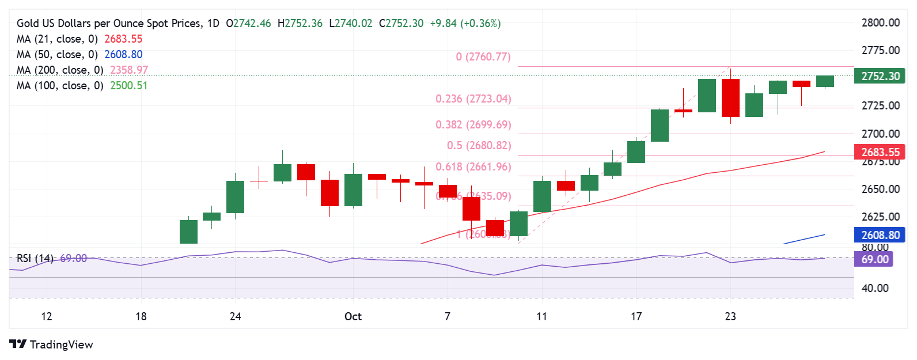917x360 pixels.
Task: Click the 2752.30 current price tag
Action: click(x=880, y=76)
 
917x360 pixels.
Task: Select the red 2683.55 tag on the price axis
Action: click(x=880, y=152)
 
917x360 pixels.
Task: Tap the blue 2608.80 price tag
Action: click(x=880, y=235)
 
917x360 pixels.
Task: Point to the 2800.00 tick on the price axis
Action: click(x=880, y=23)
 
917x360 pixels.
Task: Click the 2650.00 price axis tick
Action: click(x=880, y=189)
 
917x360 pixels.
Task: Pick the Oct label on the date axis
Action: click(x=353, y=316)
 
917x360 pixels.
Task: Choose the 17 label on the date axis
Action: click(x=636, y=316)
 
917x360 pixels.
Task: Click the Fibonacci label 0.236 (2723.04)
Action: click(x=473, y=99)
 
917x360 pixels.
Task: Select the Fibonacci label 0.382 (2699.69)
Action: click(x=473, y=125)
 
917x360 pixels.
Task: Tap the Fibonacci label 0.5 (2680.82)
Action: click(x=479, y=146)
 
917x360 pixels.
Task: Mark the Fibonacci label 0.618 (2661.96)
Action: click(x=473, y=167)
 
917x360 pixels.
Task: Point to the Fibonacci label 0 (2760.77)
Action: click(x=483, y=57)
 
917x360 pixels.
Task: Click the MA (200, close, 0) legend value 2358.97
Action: click(x=129, y=70)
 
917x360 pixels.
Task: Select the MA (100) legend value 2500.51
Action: click(x=128, y=86)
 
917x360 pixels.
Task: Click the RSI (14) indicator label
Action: click(x=35, y=259)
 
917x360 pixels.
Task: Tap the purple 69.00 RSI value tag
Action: click(x=874, y=259)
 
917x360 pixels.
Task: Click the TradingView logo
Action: click(x=51, y=344)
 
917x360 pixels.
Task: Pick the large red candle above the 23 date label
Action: click(x=730, y=97)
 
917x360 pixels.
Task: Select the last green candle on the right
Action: click(x=825, y=81)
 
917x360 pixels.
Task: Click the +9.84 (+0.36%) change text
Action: click(x=465, y=24)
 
